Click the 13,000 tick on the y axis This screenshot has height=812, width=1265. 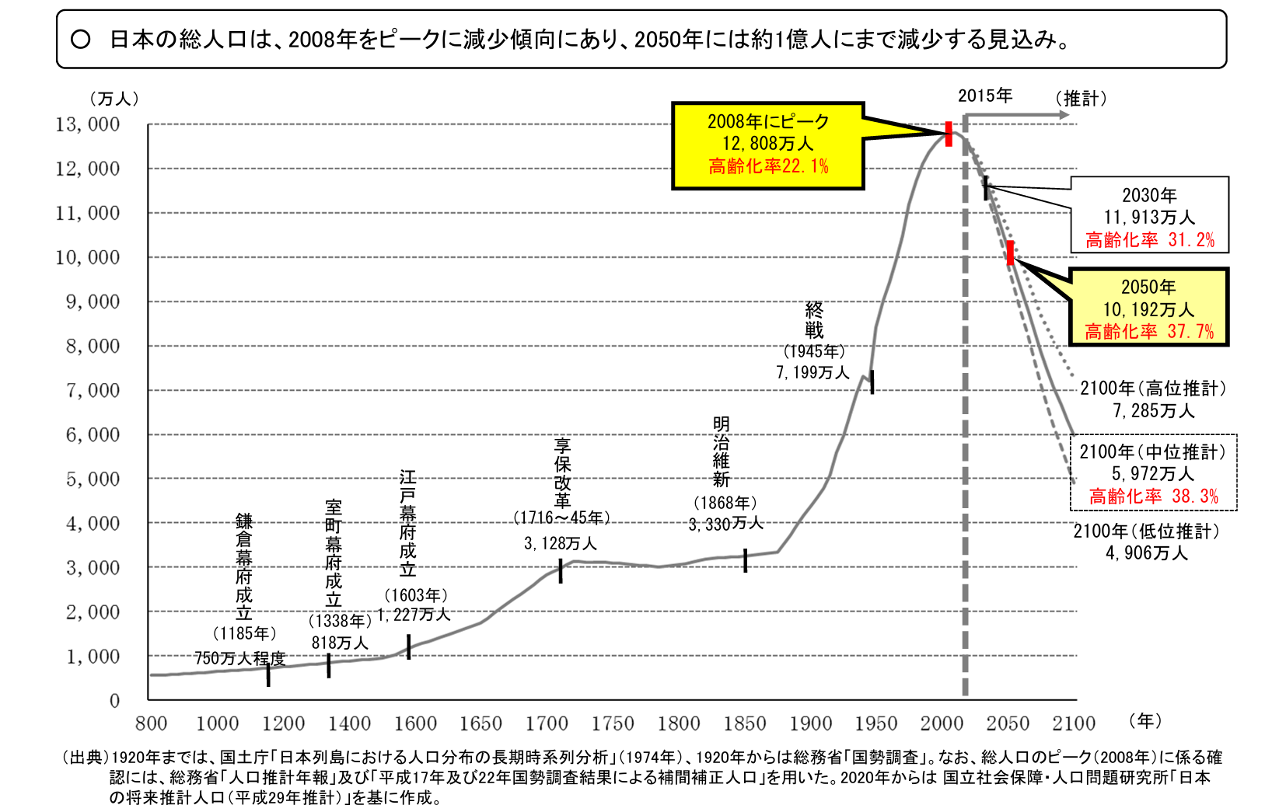coord(88,125)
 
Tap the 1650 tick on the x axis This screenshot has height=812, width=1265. coord(480,723)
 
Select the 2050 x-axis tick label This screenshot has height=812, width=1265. coord(1008,723)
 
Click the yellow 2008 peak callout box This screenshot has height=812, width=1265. coord(767,145)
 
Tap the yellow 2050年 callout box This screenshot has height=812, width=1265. coord(1148,308)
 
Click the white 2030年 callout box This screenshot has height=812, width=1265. coord(1149,215)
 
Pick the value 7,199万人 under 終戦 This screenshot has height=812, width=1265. coord(812,373)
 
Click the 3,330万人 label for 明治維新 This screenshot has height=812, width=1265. coord(725,524)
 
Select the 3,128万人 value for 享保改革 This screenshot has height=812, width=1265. coord(560,543)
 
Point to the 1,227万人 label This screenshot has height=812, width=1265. coord(414,615)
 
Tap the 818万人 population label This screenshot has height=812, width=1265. coord(340,643)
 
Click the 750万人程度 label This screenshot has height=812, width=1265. coord(239,658)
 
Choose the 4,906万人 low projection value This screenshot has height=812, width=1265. coord(1147,553)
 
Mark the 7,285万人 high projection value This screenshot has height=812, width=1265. coord(1153,410)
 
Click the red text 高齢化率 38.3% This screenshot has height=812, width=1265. coord(1153,497)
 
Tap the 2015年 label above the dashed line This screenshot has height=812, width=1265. coord(984,96)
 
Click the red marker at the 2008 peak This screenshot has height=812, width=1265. coord(949,134)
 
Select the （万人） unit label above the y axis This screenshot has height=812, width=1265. coord(114,99)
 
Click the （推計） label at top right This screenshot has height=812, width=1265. coord(1081,99)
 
